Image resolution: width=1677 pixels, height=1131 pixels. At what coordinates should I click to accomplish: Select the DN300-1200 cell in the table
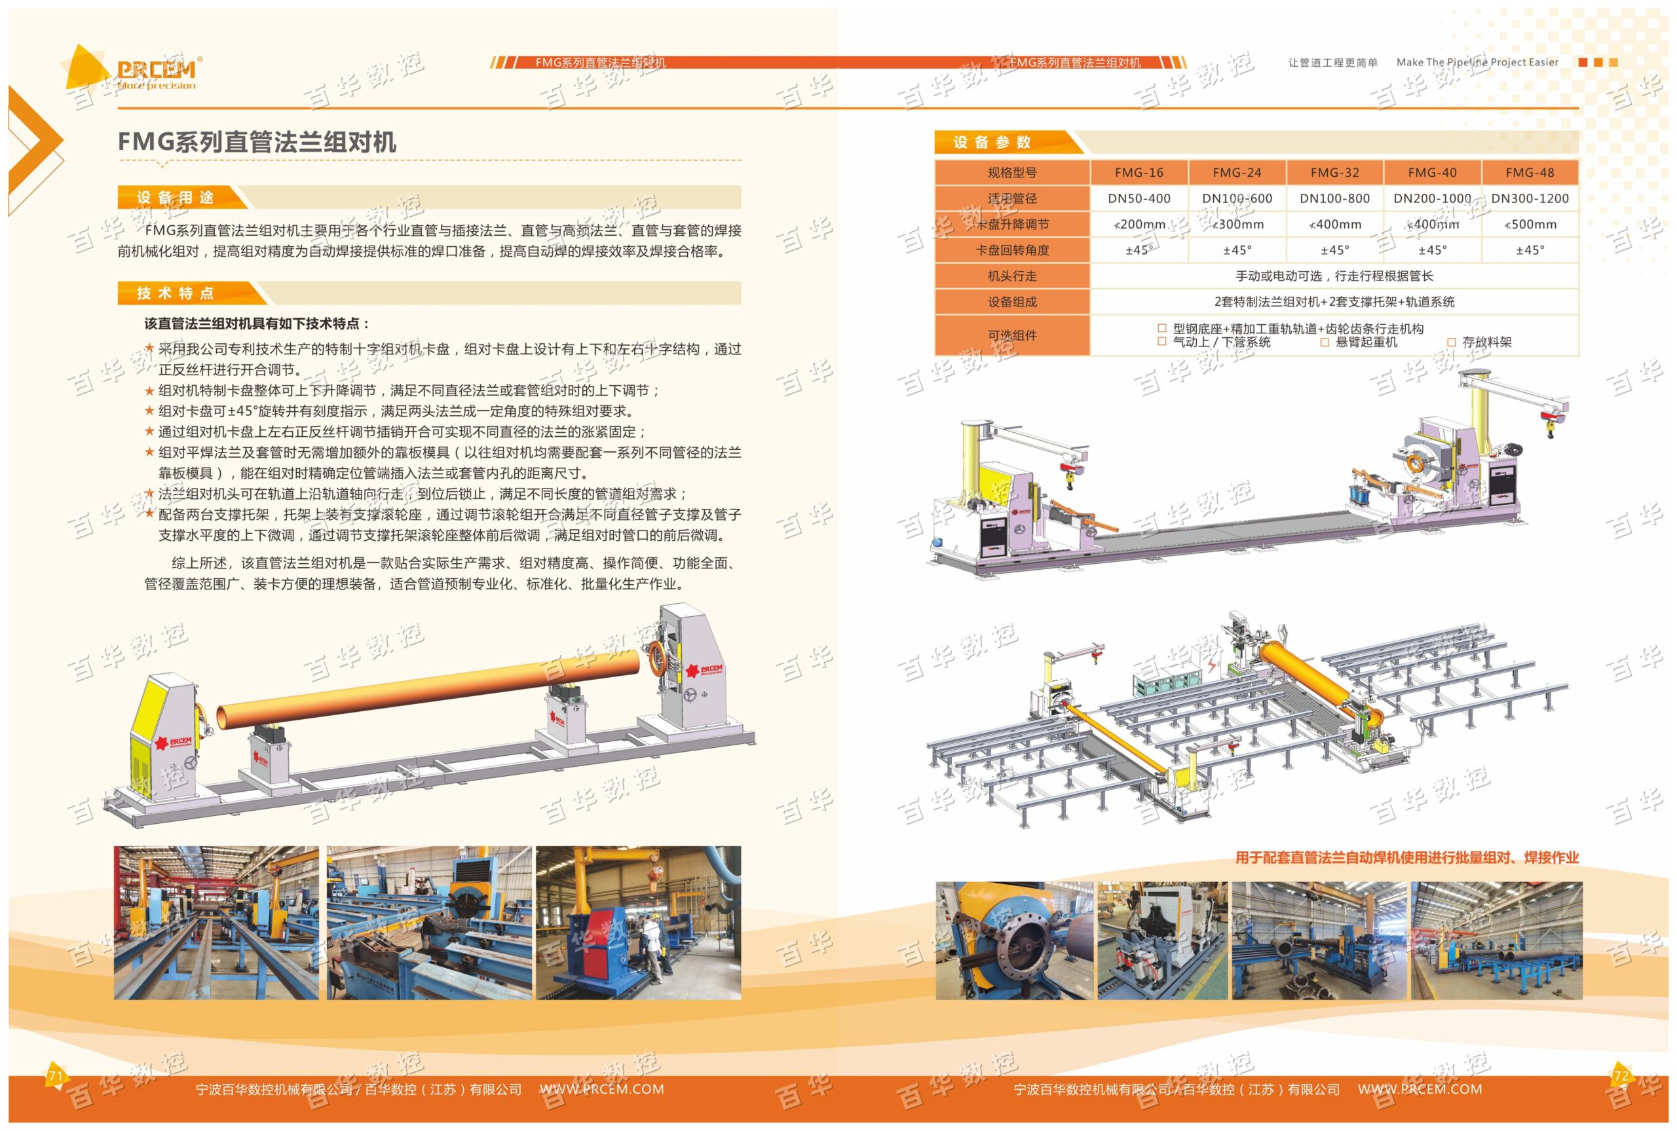click(1529, 198)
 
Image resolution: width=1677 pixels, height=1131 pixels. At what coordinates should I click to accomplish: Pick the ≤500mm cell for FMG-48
click(1529, 225)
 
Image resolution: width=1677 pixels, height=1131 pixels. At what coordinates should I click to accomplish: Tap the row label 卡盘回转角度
click(1012, 250)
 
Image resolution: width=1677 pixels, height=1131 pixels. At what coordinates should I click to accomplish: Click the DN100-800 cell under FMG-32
click(1334, 198)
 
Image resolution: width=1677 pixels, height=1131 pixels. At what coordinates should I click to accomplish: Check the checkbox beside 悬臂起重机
click(1325, 343)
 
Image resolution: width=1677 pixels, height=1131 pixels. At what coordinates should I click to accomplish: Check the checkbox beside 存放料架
click(1451, 343)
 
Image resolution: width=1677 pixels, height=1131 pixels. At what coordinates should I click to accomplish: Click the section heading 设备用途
click(176, 198)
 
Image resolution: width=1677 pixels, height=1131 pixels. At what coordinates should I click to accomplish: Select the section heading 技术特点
click(176, 293)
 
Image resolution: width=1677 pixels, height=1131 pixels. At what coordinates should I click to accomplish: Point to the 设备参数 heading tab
click(992, 142)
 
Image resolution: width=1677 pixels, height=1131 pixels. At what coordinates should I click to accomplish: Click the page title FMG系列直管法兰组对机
click(257, 142)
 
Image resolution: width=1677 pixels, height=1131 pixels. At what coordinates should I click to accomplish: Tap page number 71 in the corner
click(56, 1076)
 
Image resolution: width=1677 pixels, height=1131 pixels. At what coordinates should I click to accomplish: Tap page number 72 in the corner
click(1621, 1076)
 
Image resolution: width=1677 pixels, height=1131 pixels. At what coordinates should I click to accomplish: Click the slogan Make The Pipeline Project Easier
click(1477, 63)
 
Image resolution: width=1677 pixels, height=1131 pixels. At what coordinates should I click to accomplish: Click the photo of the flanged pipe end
click(1015, 940)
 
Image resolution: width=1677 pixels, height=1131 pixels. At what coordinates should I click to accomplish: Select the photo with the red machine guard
click(637, 923)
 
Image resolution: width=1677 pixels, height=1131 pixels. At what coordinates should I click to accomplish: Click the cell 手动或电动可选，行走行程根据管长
click(1334, 276)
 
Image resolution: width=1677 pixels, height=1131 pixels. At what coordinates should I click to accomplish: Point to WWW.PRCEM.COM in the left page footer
click(601, 1089)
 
